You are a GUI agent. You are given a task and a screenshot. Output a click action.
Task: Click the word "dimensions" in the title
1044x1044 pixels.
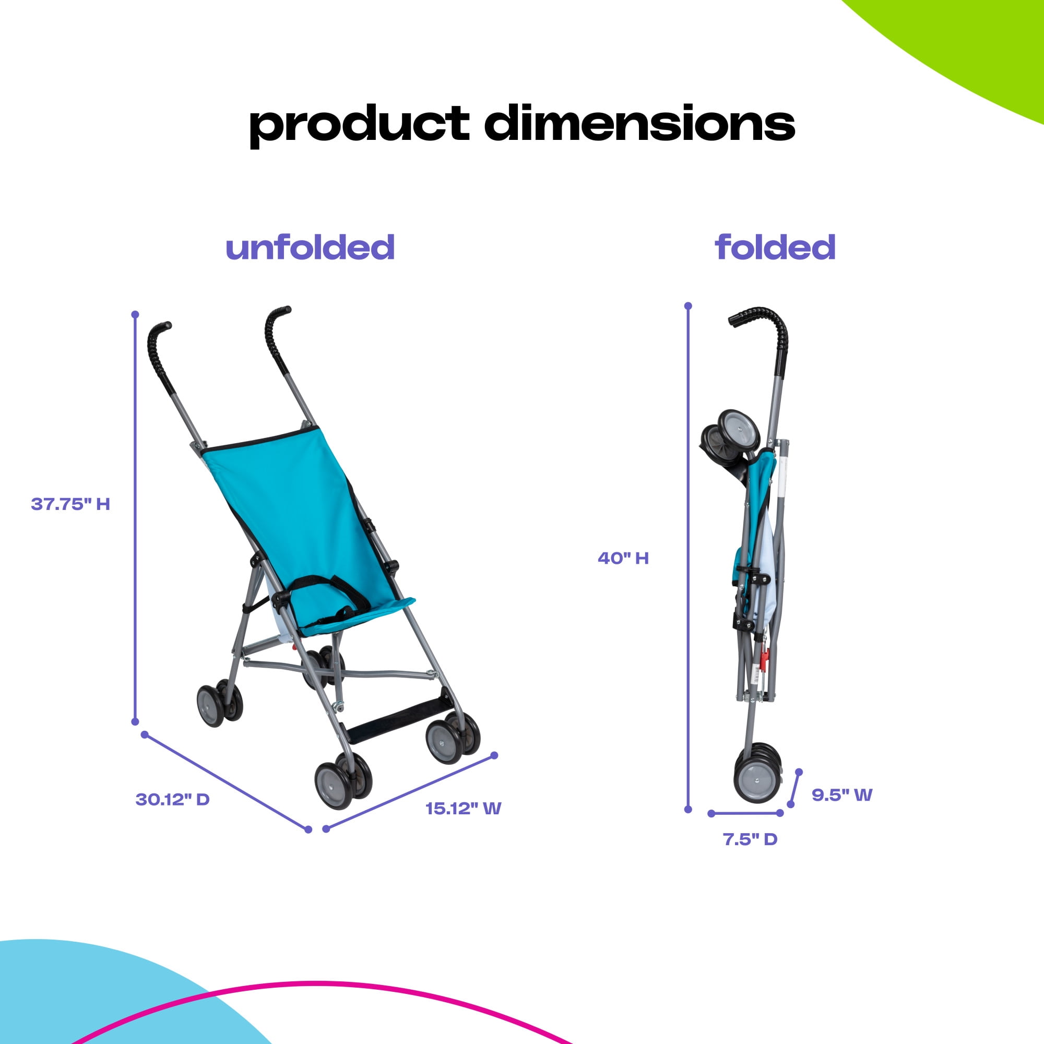tap(639, 123)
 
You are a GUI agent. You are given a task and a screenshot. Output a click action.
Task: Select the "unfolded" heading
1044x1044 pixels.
tap(310, 247)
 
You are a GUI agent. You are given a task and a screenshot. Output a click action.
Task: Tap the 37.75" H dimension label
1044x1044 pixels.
tap(70, 504)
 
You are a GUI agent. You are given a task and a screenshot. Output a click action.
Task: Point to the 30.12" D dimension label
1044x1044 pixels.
tap(172, 799)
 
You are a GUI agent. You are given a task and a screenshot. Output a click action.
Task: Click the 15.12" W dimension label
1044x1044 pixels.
tap(463, 809)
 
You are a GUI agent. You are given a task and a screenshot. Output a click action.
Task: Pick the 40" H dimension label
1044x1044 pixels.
tap(623, 557)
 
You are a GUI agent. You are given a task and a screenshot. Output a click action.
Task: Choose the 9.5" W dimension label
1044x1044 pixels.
tap(842, 795)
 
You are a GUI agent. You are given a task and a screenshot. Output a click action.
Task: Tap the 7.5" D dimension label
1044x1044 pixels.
tap(750, 839)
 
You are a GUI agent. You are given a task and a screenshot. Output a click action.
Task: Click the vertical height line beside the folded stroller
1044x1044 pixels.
tap(688, 557)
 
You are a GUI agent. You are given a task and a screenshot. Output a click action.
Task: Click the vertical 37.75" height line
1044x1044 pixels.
tap(135, 518)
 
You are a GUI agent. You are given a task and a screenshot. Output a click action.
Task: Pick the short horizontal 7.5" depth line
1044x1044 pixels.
tap(746, 813)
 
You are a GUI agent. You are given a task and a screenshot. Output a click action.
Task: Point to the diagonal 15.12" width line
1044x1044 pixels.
tap(410, 792)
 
